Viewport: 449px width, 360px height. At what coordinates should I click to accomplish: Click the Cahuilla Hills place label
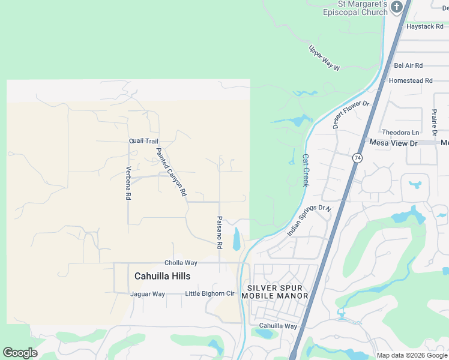(x=162, y=276)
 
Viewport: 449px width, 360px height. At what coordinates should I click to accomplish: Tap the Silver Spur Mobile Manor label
(x=275, y=292)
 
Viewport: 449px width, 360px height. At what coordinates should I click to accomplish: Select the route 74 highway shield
(x=358, y=158)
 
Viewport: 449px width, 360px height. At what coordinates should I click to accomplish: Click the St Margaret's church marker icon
(x=396, y=7)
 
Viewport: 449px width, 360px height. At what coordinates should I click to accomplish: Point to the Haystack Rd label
(x=424, y=27)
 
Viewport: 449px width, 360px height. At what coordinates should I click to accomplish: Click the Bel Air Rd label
(x=408, y=65)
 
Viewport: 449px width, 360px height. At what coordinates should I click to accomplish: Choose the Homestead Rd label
(x=411, y=80)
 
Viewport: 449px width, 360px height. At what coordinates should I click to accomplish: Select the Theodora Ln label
(x=400, y=133)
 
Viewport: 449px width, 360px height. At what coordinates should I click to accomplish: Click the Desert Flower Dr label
(x=352, y=115)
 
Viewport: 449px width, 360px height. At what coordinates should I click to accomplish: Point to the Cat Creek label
(x=306, y=170)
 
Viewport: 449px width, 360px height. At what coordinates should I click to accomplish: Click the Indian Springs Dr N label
(x=309, y=220)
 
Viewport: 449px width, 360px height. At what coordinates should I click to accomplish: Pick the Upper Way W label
(x=324, y=58)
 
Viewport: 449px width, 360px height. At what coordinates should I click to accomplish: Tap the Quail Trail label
(x=143, y=141)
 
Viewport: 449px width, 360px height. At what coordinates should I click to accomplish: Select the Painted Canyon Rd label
(x=172, y=173)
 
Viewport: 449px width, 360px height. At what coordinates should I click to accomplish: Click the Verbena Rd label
(x=128, y=183)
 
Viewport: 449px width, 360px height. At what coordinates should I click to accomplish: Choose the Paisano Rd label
(x=220, y=233)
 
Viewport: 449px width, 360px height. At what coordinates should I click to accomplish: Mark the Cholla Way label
(x=181, y=263)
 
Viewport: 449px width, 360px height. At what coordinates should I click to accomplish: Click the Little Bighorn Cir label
(x=209, y=293)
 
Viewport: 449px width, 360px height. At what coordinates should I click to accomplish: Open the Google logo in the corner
(x=20, y=353)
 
